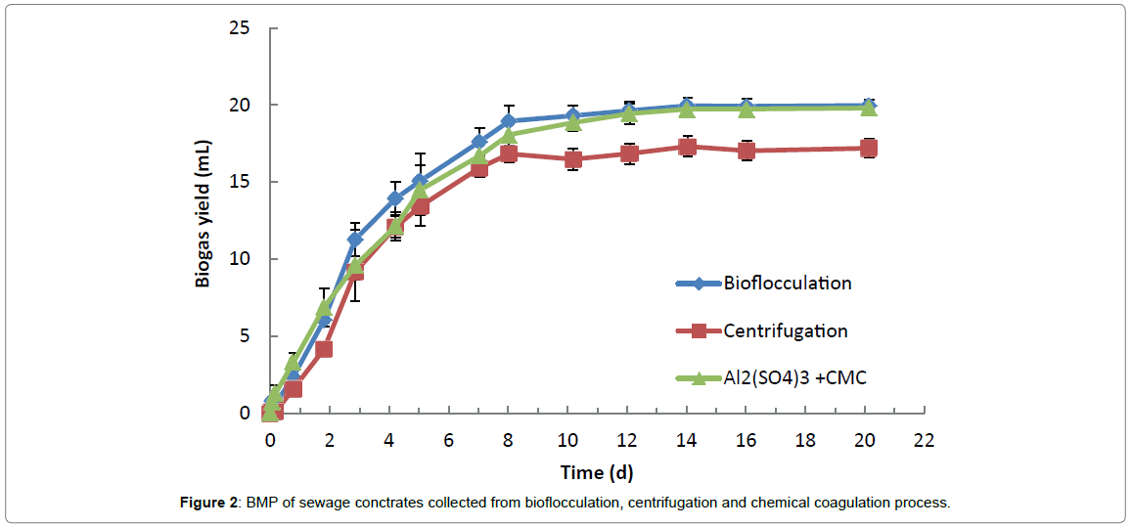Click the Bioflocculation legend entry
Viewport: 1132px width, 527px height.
click(x=787, y=284)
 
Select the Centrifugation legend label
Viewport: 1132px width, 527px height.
click(x=785, y=330)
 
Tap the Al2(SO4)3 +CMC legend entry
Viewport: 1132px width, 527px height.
click(x=794, y=377)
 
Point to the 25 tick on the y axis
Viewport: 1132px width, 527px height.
click(x=240, y=28)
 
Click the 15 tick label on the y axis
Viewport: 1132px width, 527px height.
click(x=240, y=182)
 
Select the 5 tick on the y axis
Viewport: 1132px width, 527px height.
click(x=245, y=335)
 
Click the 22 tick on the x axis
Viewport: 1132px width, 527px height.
click(x=924, y=440)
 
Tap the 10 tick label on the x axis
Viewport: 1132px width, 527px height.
click(x=568, y=440)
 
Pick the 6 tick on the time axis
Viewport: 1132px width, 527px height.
click(x=449, y=440)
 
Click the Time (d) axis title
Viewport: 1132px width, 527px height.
click(x=596, y=472)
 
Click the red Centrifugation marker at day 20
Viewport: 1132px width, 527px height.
click(x=867, y=149)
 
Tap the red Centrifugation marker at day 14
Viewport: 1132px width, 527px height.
click(x=688, y=147)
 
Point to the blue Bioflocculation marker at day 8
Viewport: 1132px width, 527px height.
click(x=509, y=121)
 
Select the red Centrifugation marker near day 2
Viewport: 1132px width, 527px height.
click(x=324, y=349)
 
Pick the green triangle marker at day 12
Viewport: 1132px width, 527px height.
click(x=629, y=113)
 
